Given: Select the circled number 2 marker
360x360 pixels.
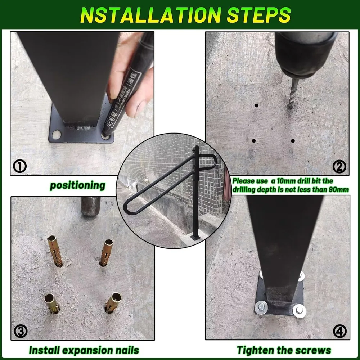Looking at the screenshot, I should coord(339,166).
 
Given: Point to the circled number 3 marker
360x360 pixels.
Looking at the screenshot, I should coord(21,331).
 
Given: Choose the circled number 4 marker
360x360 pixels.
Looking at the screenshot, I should coord(339,331).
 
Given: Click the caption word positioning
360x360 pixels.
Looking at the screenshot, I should coord(77,186).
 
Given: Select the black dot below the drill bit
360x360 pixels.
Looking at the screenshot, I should coord(293,141).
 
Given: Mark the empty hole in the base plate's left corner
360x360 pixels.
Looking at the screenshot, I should coord(56,135).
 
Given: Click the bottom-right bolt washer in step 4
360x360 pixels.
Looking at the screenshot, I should coord(299,310).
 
